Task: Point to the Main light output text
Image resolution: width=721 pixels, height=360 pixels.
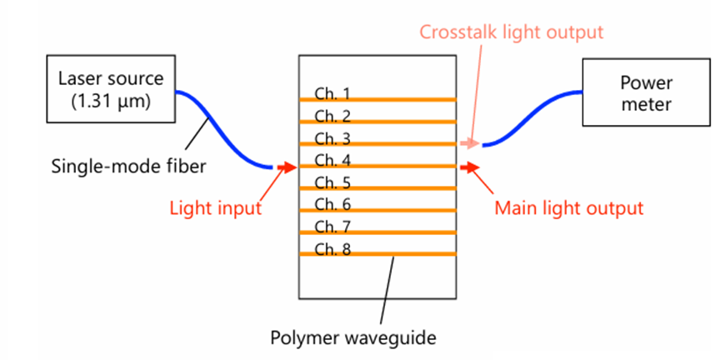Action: pyautogui.click(x=569, y=207)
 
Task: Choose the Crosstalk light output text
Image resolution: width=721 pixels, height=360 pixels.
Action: pyautogui.click(x=511, y=32)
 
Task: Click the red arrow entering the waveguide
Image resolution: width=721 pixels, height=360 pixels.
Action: pyautogui.click(x=286, y=167)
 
